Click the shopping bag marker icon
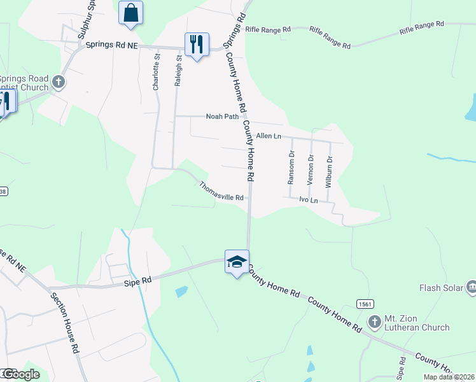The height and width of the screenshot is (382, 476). coord(130,13)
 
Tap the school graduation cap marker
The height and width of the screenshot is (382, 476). coord(237,262)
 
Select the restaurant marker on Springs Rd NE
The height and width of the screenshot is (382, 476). coord(196,45)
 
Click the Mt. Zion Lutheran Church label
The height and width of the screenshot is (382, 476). coord(417,323)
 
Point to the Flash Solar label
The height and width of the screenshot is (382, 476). coord(441,288)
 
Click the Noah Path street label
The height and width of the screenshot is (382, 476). coord(222,117)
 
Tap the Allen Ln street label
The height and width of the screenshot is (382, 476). coord(269,136)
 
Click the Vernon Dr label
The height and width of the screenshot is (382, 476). coord(311,169)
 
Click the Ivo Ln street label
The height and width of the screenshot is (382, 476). coord(309,200)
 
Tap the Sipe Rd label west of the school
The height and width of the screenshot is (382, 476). coord(138,280)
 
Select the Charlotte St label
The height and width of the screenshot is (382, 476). coord(157,71)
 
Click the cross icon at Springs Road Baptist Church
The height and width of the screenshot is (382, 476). coord(59,81)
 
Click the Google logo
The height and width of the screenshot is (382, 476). coord(20,374)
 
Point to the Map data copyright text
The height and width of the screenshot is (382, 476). coord(449,377)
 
